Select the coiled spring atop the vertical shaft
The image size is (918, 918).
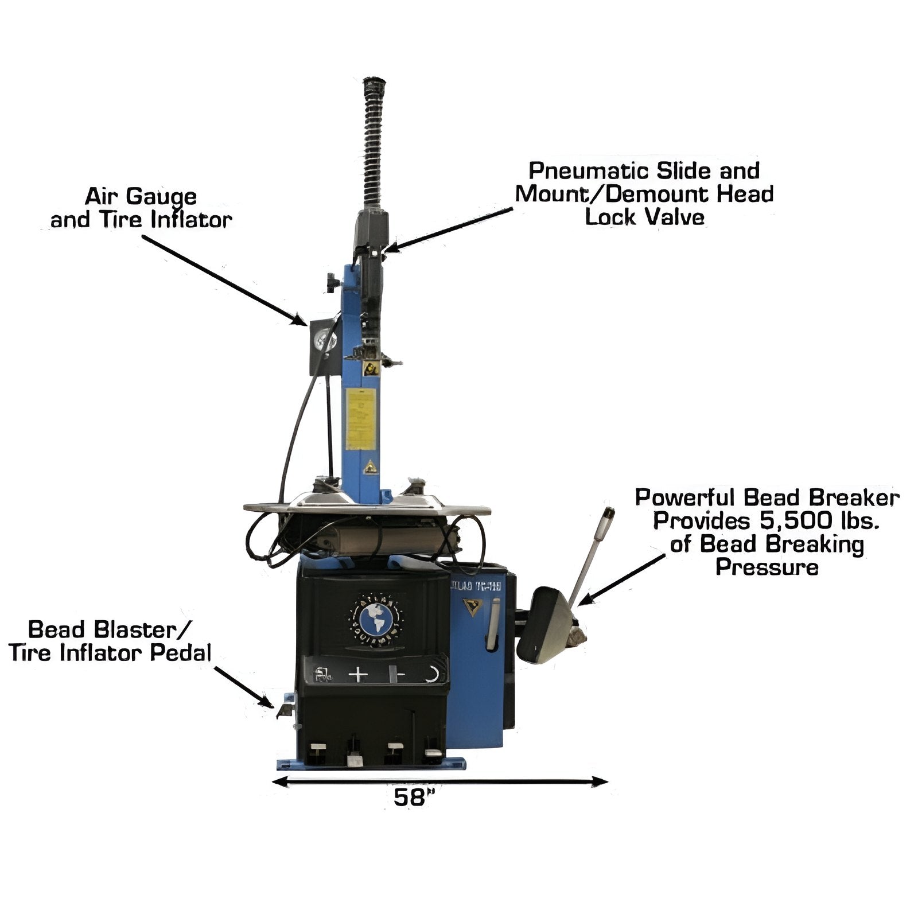(374, 143)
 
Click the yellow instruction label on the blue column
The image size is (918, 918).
(361, 419)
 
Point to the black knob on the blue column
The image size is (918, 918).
(332, 282)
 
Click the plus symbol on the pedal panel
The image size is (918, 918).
(357, 674)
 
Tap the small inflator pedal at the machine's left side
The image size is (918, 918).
(285, 710)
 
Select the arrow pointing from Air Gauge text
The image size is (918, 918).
(224, 279)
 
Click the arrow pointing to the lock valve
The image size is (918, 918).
(448, 229)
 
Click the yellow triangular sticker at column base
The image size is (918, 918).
(371, 467)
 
